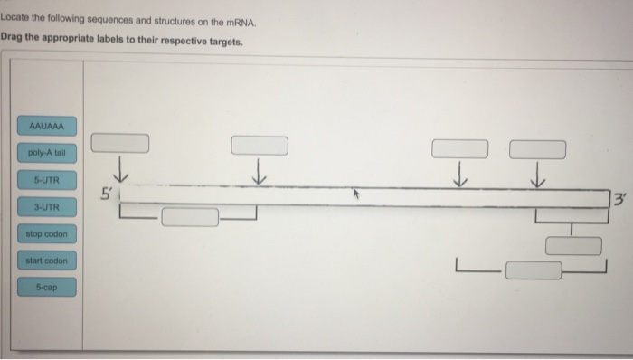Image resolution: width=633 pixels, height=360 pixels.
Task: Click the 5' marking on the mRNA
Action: (x=108, y=194)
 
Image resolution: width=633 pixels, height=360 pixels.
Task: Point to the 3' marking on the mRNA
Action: (x=619, y=198)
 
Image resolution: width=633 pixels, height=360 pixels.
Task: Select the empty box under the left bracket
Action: (x=190, y=217)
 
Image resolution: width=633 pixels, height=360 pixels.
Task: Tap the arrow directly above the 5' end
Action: (x=119, y=169)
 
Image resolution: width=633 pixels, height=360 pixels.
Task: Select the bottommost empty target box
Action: (x=534, y=270)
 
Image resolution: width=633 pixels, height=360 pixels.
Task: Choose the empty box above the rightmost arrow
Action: (x=538, y=147)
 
